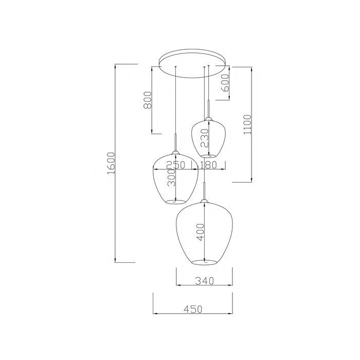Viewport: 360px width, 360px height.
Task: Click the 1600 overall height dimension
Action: click(x=111, y=163)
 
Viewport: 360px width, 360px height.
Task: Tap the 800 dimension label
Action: click(x=148, y=100)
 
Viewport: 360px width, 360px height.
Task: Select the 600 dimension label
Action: click(x=225, y=83)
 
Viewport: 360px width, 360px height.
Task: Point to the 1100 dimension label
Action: click(x=248, y=124)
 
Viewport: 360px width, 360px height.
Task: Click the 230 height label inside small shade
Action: click(x=204, y=138)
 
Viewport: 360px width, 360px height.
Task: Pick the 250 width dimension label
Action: click(x=176, y=165)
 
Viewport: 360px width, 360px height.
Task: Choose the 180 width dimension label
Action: click(x=208, y=165)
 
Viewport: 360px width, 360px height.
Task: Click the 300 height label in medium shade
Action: click(x=171, y=177)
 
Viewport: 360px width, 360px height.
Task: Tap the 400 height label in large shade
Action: click(x=200, y=232)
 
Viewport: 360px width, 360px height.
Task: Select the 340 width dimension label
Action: click(x=204, y=281)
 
